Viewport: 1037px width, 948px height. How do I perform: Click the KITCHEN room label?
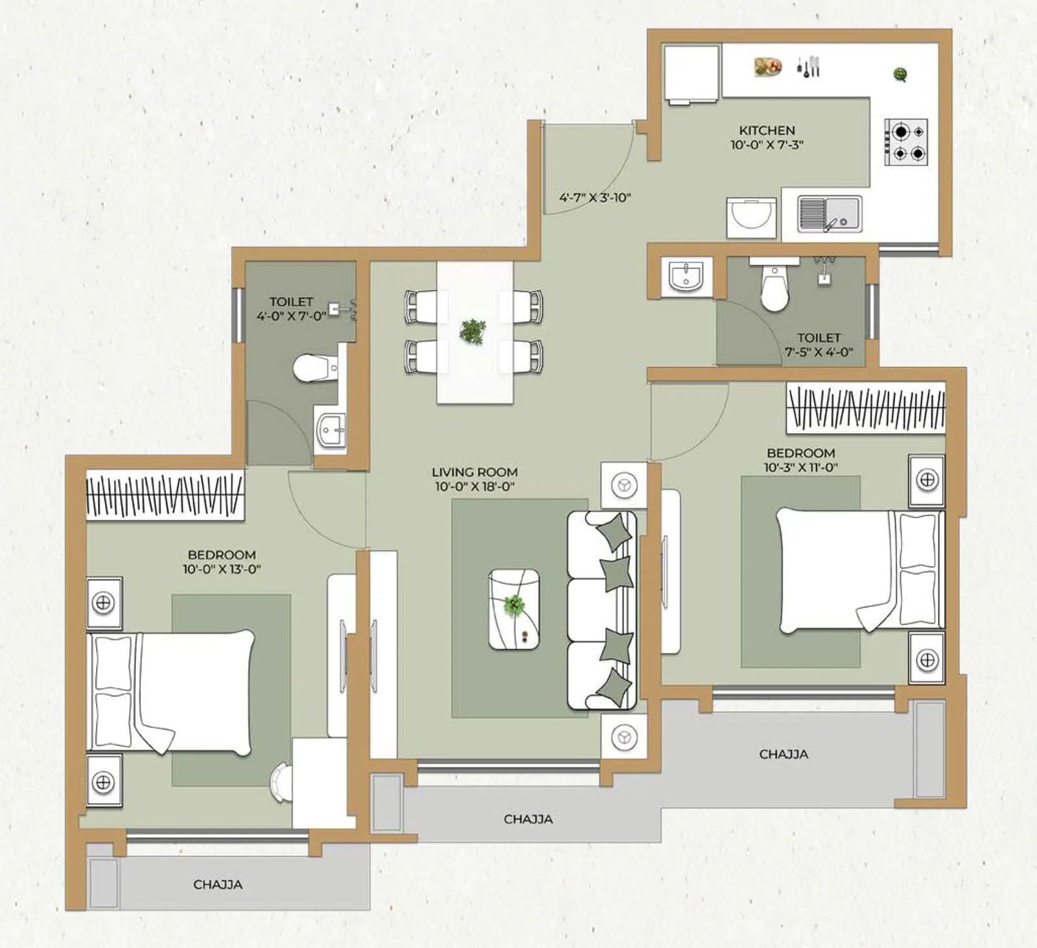(x=767, y=130)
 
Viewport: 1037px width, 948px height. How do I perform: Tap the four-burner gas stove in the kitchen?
(x=907, y=142)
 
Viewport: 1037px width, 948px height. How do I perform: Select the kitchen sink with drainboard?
(x=830, y=214)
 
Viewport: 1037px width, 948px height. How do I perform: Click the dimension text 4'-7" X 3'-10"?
(x=595, y=198)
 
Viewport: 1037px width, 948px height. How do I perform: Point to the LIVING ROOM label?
(x=474, y=472)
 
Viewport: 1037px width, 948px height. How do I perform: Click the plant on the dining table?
(x=472, y=331)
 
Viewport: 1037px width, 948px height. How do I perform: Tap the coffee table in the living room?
(x=514, y=609)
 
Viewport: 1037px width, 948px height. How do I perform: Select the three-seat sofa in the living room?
(x=601, y=610)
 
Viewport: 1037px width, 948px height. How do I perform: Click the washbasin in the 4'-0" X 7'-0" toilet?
(x=331, y=428)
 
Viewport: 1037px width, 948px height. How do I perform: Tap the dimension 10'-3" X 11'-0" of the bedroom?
(x=800, y=467)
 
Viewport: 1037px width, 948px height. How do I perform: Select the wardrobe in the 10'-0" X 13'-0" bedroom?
(x=165, y=495)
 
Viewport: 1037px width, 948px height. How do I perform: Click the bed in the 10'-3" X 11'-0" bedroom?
(x=859, y=570)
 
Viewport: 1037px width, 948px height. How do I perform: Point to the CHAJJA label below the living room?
(x=528, y=819)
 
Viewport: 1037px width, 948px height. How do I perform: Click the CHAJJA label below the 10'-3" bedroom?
(x=784, y=754)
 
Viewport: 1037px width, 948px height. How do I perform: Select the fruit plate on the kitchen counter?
(x=768, y=66)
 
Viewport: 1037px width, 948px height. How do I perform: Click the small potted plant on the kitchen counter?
(x=900, y=74)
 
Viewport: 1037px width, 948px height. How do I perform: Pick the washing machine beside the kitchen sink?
(x=751, y=217)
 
